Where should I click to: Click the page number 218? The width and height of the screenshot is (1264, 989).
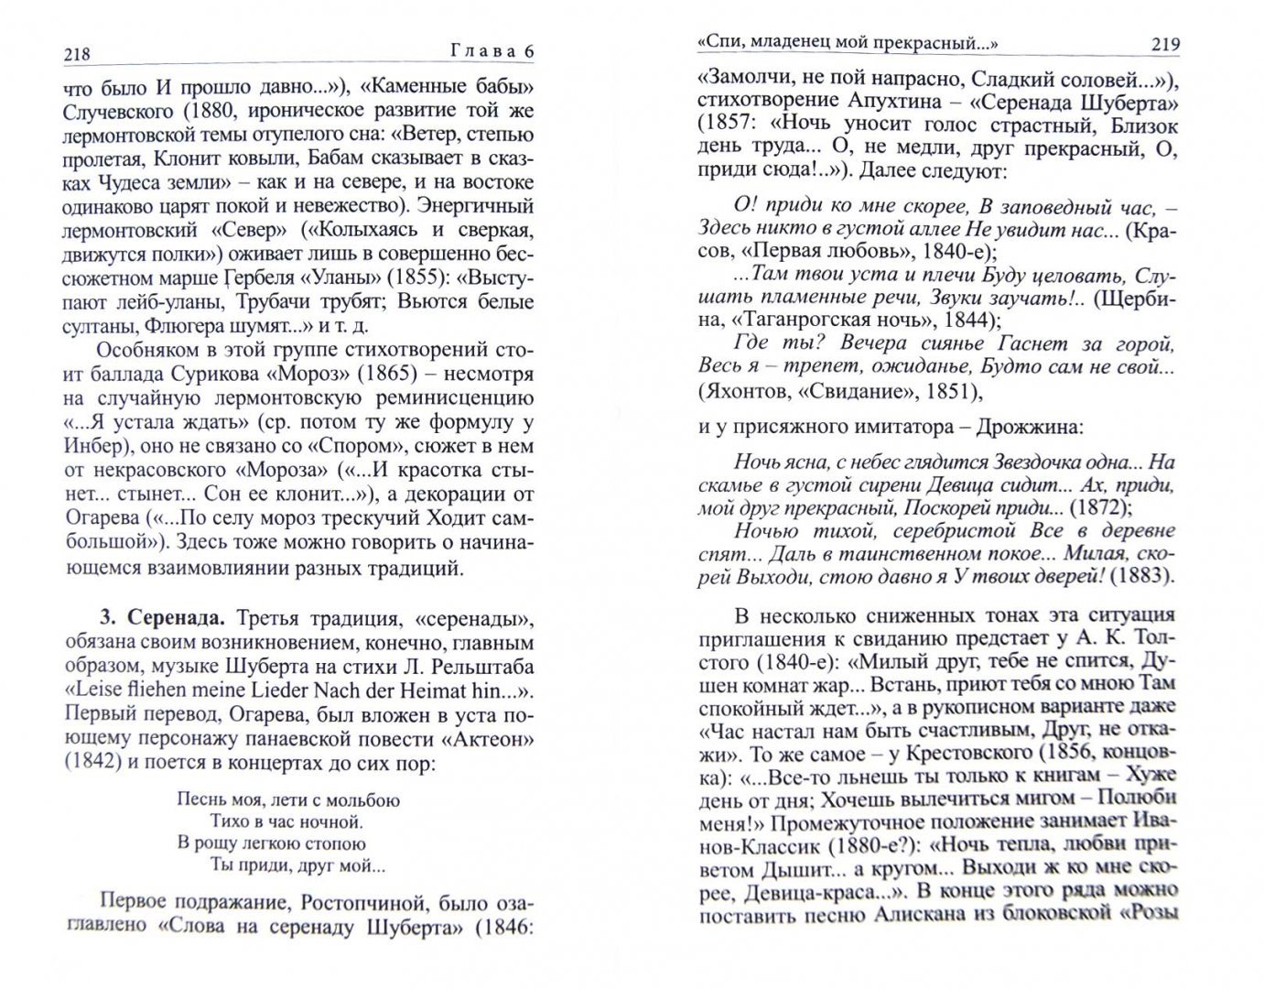coord(77,54)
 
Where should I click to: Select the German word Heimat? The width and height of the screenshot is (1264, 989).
coord(424,690)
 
